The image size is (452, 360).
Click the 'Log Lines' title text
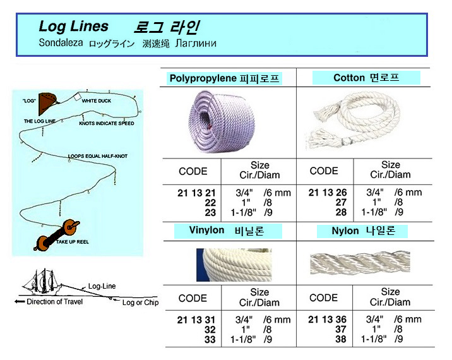point(73,27)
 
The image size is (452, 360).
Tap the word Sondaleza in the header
point(61,43)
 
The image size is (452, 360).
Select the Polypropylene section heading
point(224,78)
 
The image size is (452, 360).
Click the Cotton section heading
point(366,78)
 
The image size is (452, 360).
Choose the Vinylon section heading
point(227,231)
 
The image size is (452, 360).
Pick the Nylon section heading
point(363,231)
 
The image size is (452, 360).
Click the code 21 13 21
point(196,193)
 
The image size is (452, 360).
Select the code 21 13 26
point(328,193)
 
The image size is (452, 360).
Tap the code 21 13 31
point(196,320)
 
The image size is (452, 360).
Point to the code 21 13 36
point(327,320)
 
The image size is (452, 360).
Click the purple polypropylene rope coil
point(222,121)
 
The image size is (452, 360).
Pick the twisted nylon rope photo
point(360,263)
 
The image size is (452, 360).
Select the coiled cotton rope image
point(354,121)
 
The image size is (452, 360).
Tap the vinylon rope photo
point(234,265)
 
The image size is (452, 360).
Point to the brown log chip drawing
point(47,104)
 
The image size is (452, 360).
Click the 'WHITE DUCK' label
point(97,100)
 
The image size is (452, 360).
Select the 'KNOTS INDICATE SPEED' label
point(107,123)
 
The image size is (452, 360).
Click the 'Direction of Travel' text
point(54,302)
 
